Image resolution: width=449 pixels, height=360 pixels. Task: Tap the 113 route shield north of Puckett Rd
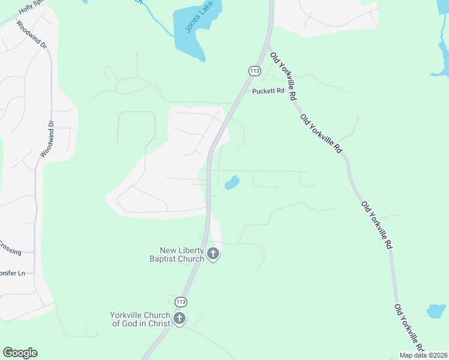pos(254,70)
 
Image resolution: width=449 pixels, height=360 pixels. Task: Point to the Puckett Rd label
pos(268,92)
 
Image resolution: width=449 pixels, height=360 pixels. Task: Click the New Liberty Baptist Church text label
pos(182,255)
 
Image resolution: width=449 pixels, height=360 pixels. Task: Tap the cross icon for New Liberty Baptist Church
pos(212,255)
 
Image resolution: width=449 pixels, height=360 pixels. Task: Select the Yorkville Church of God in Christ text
pos(140,319)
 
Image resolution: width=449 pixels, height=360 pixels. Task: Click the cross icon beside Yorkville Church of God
pos(179,319)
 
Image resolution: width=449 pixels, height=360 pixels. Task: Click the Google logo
pos(20,353)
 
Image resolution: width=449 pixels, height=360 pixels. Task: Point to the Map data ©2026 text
pos(423,355)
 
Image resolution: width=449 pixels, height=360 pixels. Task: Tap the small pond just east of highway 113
pos(232,182)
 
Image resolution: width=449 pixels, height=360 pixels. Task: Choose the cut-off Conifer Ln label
pos(12,274)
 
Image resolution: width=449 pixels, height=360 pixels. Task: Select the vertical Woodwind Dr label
pos(47,139)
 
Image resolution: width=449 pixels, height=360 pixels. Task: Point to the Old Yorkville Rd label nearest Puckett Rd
pos(285,76)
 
